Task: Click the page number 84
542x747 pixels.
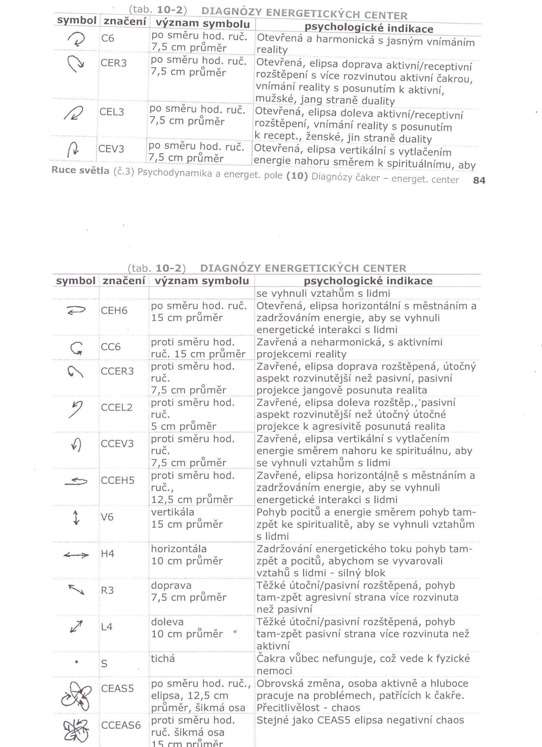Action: tap(479, 180)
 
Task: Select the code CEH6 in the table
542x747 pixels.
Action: tap(114, 311)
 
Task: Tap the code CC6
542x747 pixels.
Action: tap(111, 347)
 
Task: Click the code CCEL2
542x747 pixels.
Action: tap(117, 407)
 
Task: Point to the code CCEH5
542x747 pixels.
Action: tap(118, 481)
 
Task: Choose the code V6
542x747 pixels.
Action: tap(107, 517)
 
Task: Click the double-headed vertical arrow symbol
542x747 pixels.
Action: tap(76, 518)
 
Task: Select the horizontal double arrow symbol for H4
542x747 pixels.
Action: tap(76, 555)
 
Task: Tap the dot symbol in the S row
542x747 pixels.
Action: tap(77, 661)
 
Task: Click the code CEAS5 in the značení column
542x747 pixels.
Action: tap(117, 688)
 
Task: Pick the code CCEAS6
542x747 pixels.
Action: tap(121, 725)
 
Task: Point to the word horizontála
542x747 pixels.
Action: tap(179, 549)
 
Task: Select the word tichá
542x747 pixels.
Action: tap(163, 658)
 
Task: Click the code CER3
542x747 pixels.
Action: tap(114, 63)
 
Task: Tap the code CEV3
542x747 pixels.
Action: tap(111, 149)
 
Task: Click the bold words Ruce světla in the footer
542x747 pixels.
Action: tap(80, 170)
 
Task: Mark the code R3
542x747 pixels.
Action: tap(107, 590)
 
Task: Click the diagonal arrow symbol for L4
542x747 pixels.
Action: tap(76, 627)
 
